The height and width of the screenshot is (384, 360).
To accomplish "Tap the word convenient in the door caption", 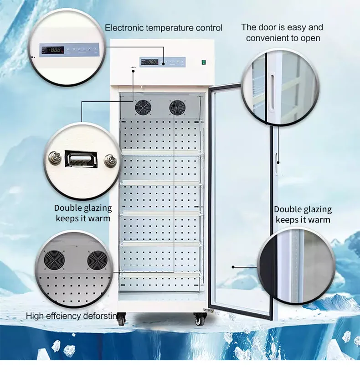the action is pos(266,38).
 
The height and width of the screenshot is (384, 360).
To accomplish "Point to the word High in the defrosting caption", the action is pos(35,316).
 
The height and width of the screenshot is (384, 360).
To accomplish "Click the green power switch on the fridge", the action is pos(204,62).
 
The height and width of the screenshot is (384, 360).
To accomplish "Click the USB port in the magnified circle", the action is pos(81,160).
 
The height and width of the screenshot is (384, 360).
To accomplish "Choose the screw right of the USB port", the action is pos(110,160).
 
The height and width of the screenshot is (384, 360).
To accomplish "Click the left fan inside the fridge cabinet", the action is pos(143,108).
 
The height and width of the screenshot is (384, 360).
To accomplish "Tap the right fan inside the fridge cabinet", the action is pos(177,108).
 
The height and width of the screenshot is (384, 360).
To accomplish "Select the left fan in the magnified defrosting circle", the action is pos(54,260).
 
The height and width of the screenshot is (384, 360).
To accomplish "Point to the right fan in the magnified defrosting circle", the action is pos(97,260).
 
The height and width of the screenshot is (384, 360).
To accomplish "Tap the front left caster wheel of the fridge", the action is pos(122,320).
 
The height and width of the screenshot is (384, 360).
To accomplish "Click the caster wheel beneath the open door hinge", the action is pos(200,319).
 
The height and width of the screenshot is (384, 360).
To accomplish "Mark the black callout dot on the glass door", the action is pos(232,267).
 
